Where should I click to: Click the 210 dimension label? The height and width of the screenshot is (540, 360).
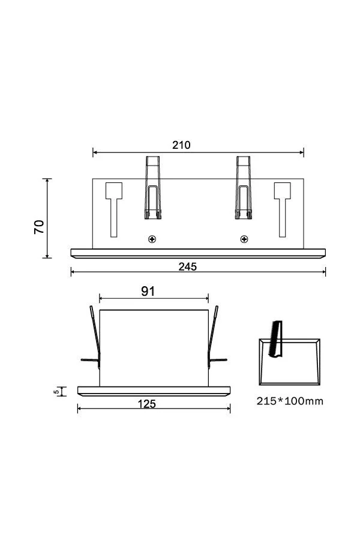point(181,145)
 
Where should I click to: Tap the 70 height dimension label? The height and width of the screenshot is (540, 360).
point(39,227)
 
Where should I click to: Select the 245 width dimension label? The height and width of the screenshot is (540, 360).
point(188,266)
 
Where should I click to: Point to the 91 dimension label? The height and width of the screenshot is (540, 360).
point(148,292)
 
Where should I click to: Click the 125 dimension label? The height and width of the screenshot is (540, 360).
point(147,404)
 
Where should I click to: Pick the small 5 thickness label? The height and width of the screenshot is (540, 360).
point(56,392)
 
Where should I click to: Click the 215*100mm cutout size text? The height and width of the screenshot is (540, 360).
point(290,401)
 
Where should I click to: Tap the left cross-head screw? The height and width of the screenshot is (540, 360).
point(152,239)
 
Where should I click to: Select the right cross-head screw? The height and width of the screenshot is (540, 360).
point(244,239)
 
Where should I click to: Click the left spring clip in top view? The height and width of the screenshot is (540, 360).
point(152,188)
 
